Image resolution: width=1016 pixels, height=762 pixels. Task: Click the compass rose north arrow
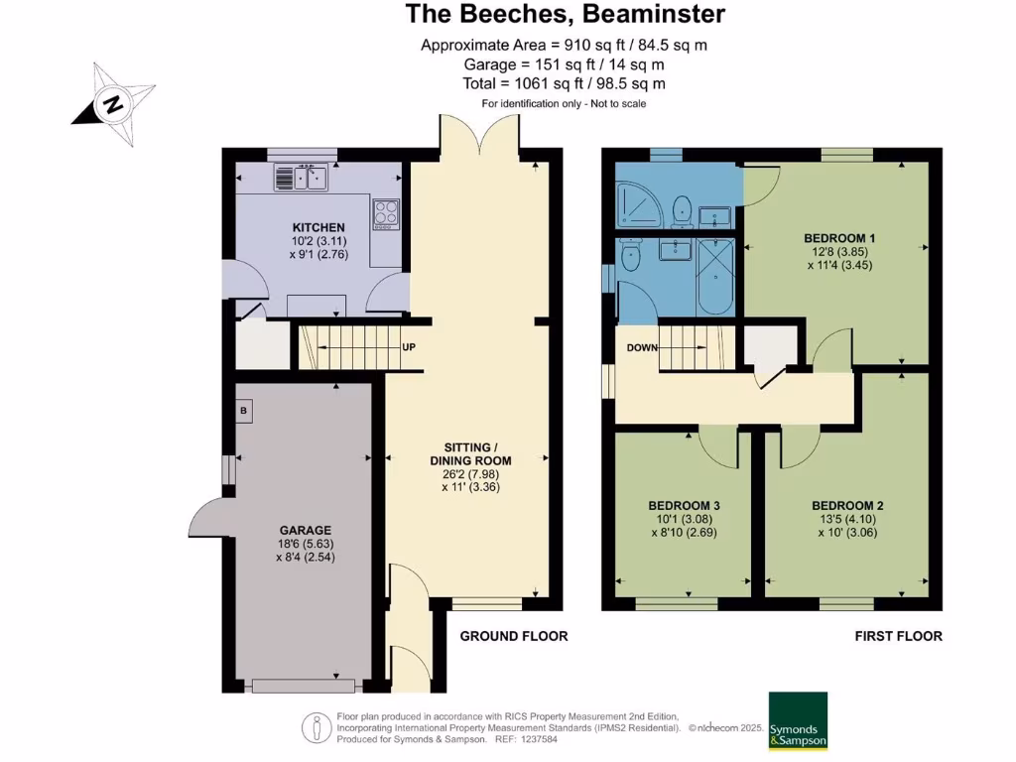click(x=113, y=104)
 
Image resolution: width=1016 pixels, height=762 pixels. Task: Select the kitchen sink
click(x=303, y=180)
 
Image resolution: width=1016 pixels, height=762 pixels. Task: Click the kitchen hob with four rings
click(x=385, y=213)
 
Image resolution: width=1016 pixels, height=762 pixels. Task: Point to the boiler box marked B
click(x=244, y=409)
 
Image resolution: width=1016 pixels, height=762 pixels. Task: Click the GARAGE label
click(x=305, y=531)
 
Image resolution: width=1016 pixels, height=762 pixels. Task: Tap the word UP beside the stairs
click(x=408, y=347)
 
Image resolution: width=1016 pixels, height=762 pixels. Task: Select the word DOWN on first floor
click(x=641, y=347)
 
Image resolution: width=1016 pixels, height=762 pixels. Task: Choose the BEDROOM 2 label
click(x=846, y=506)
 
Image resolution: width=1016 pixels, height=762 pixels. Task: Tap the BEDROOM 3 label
click(x=684, y=506)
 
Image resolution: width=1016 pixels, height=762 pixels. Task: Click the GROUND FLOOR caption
click(x=514, y=636)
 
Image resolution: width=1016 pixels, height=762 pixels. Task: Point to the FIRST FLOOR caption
click(x=898, y=636)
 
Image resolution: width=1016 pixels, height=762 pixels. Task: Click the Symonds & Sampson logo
click(x=798, y=720)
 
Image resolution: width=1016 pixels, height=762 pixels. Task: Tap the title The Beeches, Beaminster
click(x=566, y=15)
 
